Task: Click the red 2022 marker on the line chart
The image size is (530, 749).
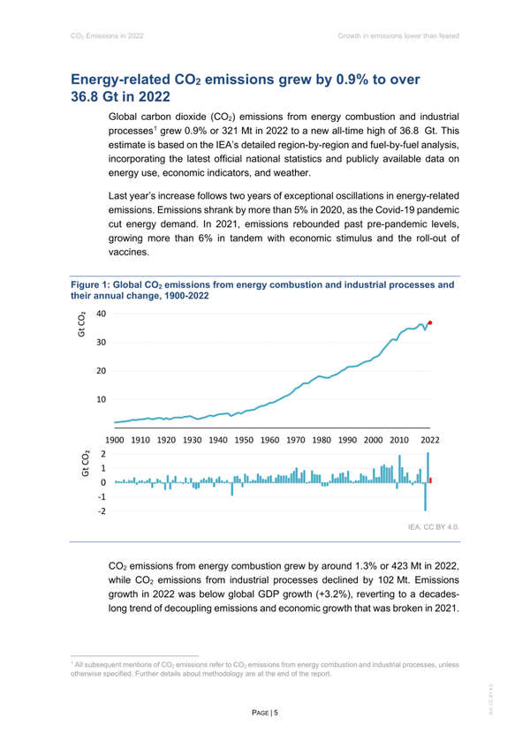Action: (x=430, y=323)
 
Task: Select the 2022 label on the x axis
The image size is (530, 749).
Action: (x=430, y=439)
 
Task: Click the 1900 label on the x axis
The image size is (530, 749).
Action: (x=114, y=439)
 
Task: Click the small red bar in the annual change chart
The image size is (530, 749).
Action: (x=430, y=480)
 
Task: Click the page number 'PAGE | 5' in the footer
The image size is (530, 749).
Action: (x=264, y=711)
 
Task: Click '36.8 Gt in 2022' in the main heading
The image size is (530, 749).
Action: (x=127, y=97)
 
